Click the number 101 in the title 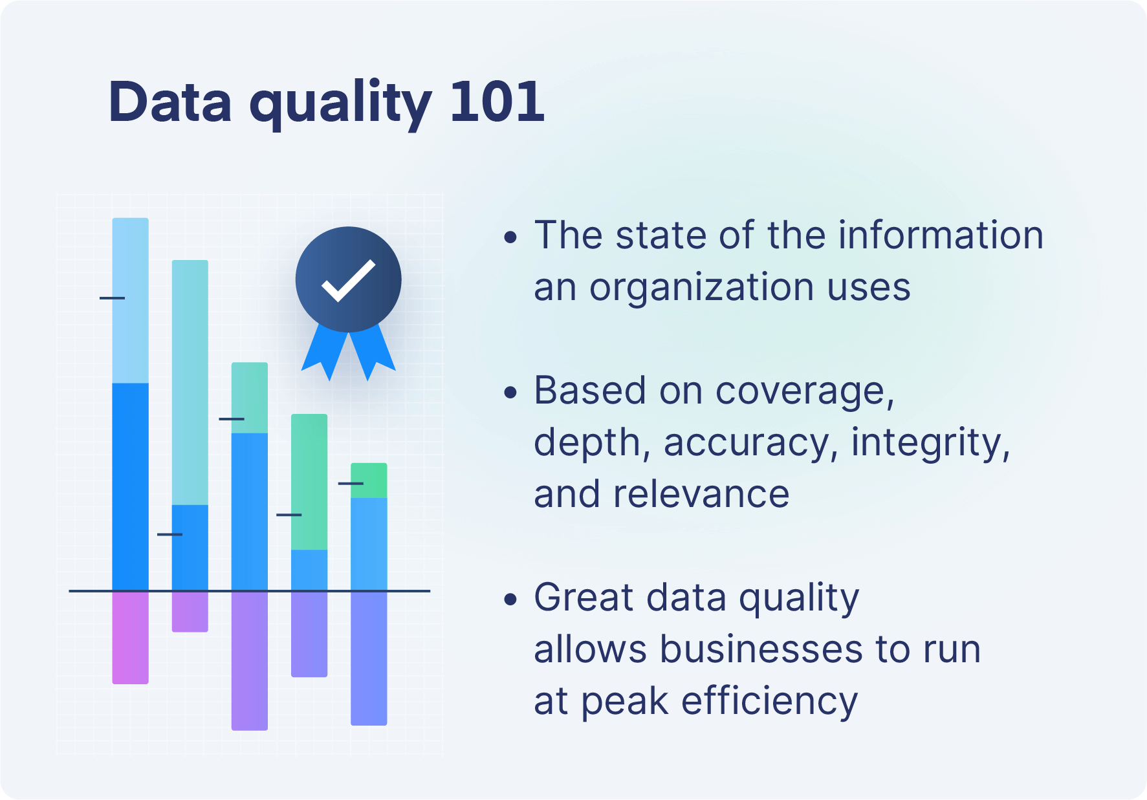pos(497,102)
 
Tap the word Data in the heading pos(170,102)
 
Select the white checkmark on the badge pos(348,280)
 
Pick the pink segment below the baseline pos(130,637)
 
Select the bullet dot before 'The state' pos(510,237)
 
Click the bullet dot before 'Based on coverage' pos(510,393)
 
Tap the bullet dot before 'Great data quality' pos(510,600)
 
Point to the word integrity pos(930,443)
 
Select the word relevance pos(701,495)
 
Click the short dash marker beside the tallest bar pos(112,298)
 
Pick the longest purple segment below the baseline pos(249,661)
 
